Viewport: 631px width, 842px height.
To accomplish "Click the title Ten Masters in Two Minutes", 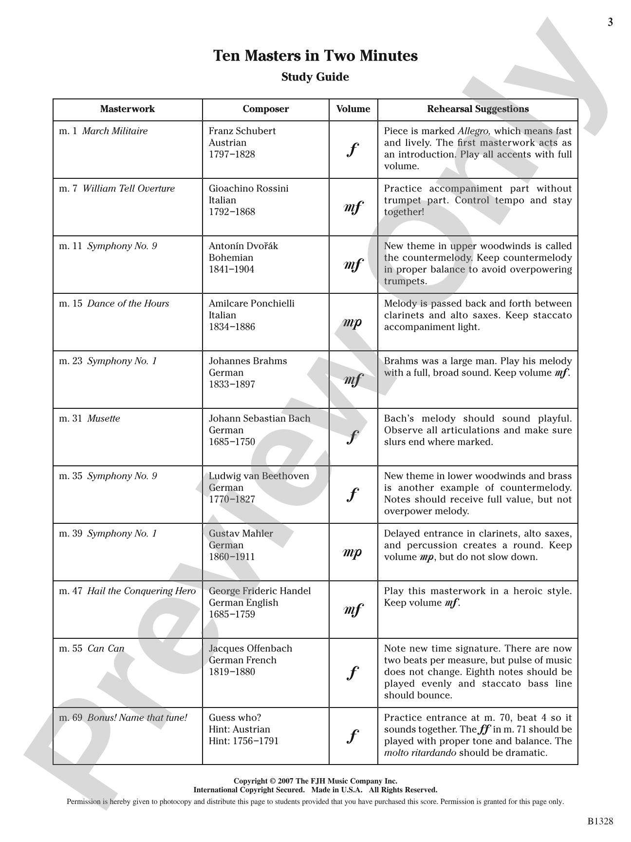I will tap(315, 56).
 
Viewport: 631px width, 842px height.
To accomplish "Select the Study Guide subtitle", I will tap(315, 77).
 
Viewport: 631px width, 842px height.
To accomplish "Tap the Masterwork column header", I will tap(128, 109).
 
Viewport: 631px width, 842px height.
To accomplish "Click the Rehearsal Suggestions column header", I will tap(478, 109).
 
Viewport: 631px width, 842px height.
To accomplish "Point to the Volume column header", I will tap(353, 109).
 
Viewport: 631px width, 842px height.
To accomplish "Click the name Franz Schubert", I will tap(242, 131).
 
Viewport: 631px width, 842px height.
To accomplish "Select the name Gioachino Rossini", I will tap(248, 189).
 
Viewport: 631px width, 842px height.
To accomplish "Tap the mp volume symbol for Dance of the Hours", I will tap(353, 323).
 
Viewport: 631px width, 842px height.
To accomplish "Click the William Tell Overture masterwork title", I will tap(129, 189).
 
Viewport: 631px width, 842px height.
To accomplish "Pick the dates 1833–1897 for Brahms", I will tap(232, 384).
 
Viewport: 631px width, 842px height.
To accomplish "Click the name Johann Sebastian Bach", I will tap(259, 419).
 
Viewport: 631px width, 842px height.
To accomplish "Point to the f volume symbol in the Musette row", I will tap(353, 437).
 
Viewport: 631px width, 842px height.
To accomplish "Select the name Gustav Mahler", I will tap(241, 534).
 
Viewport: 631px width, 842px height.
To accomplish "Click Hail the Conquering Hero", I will tap(141, 591).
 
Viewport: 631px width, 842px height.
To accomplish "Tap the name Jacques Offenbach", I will tap(250, 649).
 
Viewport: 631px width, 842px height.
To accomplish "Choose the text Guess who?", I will tap(235, 718).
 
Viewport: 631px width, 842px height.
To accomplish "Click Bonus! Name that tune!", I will tap(137, 718).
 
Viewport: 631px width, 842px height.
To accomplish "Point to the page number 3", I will tap(610, 22).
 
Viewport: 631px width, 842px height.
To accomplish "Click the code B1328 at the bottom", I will tap(600, 822).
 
